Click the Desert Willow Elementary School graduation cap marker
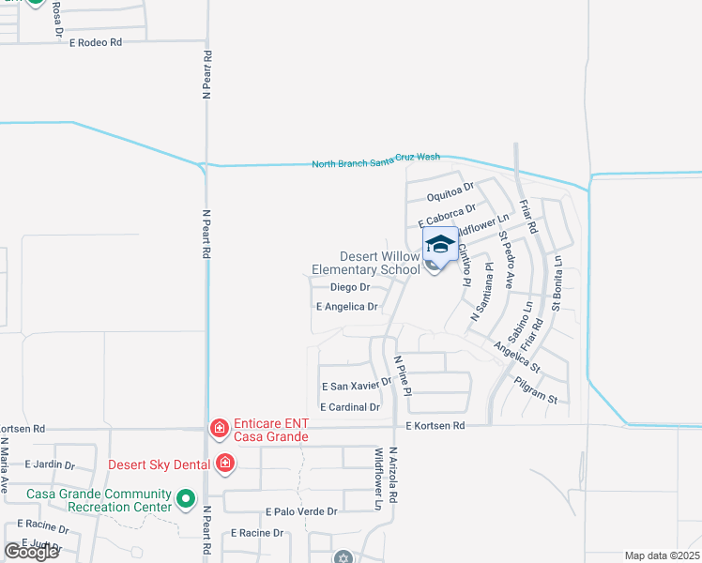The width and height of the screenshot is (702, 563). (x=440, y=244)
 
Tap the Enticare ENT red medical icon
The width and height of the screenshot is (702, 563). (x=219, y=429)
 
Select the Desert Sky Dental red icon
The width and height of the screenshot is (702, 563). (x=225, y=463)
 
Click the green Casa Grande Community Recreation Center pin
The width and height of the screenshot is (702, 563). (x=186, y=499)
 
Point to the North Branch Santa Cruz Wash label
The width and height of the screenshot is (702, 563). (x=375, y=161)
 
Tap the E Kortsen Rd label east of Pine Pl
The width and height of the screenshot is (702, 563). (x=435, y=426)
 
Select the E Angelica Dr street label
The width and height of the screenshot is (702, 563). (x=347, y=307)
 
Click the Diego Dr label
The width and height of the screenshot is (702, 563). (x=350, y=287)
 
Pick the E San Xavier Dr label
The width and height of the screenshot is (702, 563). (x=356, y=385)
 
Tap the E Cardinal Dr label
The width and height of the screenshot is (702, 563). (x=349, y=407)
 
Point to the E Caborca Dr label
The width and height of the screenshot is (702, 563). (x=446, y=214)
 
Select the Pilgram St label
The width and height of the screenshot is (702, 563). (x=536, y=391)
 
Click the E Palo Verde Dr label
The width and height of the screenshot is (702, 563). (x=300, y=511)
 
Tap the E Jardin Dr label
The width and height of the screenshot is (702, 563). (x=49, y=464)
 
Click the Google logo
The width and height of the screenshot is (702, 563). (x=31, y=552)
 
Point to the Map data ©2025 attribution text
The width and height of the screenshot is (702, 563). (x=662, y=555)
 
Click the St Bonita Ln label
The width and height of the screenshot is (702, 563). (x=557, y=283)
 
